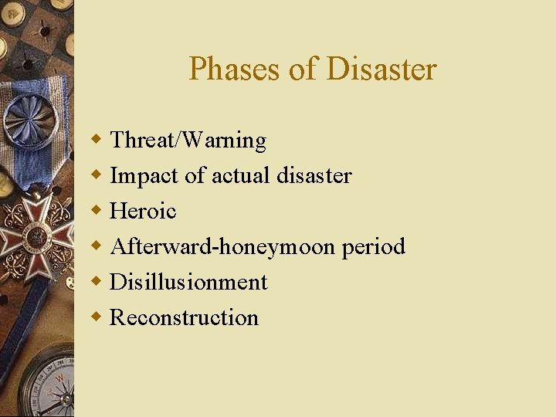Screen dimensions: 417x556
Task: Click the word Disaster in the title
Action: click(381, 69)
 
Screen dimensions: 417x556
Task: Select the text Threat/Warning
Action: click(188, 141)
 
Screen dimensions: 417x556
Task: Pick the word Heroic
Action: click(143, 211)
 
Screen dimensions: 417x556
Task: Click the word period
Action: click(373, 247)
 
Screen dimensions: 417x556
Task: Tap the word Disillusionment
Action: click(188, 282)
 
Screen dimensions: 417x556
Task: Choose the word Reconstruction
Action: click(184, 317)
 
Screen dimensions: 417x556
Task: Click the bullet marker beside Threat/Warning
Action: click(96, 141)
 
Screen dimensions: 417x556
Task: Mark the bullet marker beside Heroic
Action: click(96, 211)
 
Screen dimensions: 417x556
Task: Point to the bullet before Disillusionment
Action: click(96, 282)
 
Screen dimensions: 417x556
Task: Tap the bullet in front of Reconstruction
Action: click(96, 317)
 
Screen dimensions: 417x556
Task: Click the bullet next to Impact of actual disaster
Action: click(96, 176)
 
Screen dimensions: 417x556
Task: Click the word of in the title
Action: click(303, 69)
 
